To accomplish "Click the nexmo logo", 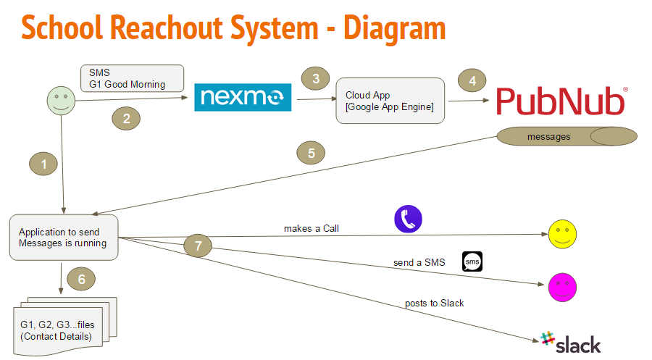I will pos(242,97).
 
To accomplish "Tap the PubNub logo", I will pos(561,101).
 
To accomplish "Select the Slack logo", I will pos(570,343).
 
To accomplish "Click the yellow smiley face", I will pos(562,233).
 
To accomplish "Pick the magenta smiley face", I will pos(562,285).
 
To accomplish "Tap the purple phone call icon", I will pos(408,219).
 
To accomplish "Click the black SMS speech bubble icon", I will pos(472,261).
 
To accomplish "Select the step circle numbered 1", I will pos(43,164).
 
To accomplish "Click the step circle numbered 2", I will pos(126,119).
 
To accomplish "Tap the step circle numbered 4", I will pos(472,80).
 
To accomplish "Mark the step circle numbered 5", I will pos(311,153).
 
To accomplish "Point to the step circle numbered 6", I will pos(81,278).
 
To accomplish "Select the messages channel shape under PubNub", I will pos(566,136).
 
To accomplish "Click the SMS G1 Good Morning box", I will pos(133,78).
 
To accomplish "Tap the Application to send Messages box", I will pos(64,238).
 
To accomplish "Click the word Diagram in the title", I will pos(394,28).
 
